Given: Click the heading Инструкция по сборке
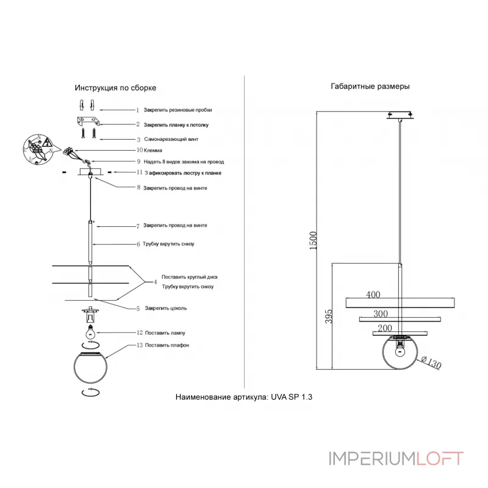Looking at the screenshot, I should coord(115,88).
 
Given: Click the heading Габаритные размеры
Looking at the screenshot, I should coord(370,86).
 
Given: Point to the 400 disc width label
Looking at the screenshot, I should coord(373,295).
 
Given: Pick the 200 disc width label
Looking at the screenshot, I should coord(384,328).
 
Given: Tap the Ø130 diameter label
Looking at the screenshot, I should coord(431,363).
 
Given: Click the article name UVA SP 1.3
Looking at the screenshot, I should coord(244,396).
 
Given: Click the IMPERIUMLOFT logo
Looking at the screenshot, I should coord(396,458).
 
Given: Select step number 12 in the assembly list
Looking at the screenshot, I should coord(139,333).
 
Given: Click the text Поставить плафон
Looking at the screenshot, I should coord(167,345).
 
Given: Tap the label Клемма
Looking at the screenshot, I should coord(153,150).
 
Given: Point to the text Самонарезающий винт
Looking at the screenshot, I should coord(171,140).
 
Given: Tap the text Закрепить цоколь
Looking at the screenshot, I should coord(166,308).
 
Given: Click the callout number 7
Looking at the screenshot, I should coord(138,226).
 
